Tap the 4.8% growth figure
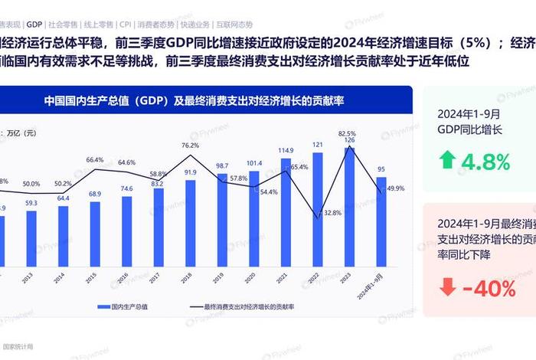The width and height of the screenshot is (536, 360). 485,162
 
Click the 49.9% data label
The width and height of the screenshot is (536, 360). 396,188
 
